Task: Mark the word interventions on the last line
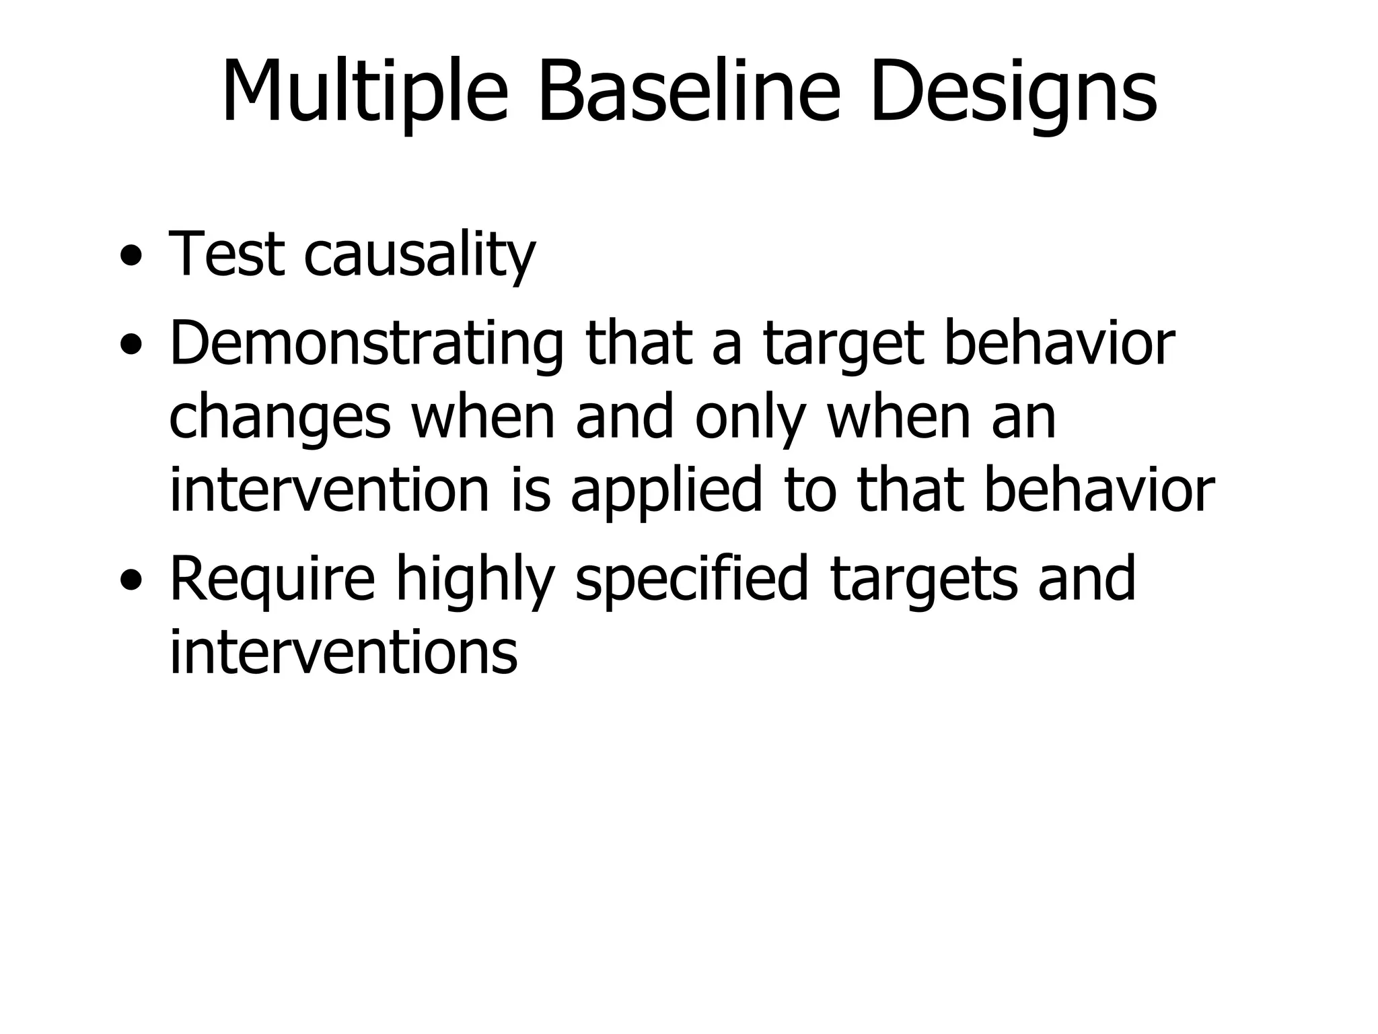[343, 652]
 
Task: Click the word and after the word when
[624, 417]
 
